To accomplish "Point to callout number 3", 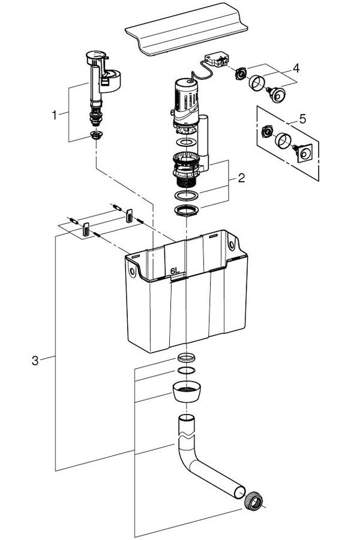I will [35, 360].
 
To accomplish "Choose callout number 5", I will [302, 119].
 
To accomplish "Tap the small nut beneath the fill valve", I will [95, 134].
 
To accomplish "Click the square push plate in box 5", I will [304, 154].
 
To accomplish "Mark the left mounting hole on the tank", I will [132, 271].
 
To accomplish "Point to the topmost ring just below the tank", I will [187, 358].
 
